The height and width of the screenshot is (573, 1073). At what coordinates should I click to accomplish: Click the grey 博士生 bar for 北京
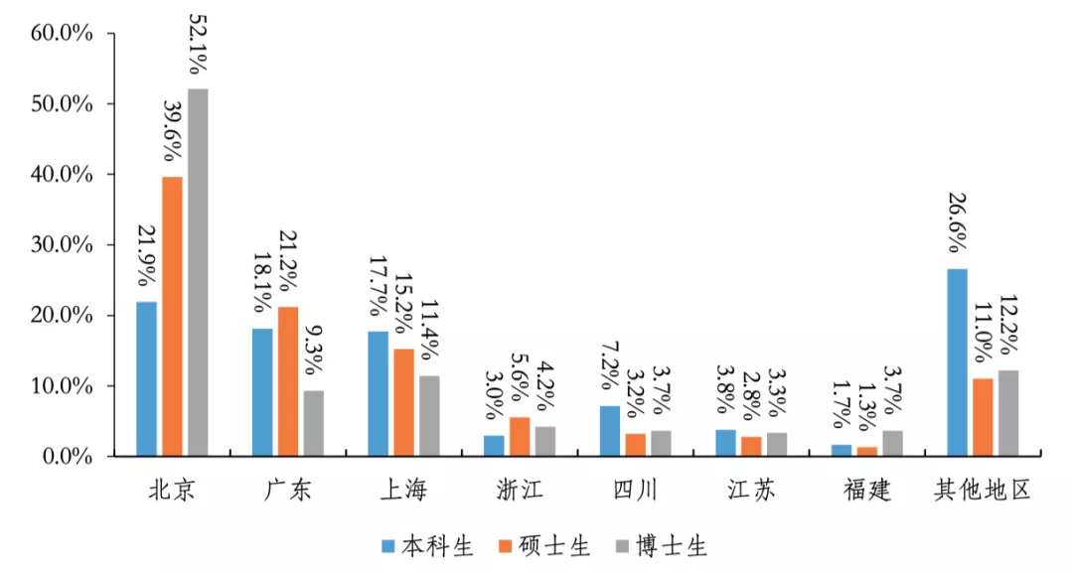click(198, 273)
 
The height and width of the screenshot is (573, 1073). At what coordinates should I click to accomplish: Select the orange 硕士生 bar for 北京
click(172, 317)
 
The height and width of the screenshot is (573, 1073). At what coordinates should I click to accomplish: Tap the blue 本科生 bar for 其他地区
click(958, 362)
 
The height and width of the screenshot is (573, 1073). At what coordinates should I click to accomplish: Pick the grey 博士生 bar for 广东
click(313, 423)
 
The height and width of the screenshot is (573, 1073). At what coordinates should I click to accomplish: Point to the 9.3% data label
click(313, 349)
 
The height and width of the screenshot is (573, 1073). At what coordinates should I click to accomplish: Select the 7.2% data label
click(610, 369)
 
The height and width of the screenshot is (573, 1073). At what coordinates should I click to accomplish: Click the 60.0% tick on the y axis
click(61, 33)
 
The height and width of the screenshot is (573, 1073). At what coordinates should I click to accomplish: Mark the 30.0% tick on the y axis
click(61, 244)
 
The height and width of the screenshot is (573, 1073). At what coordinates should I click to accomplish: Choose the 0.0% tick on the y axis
click(66, 456)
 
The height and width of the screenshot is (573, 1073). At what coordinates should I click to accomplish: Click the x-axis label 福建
click(866, 490)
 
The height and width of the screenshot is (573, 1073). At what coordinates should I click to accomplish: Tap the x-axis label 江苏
click(750, 490)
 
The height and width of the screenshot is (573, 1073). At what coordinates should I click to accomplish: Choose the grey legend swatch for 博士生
click(623, 546)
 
